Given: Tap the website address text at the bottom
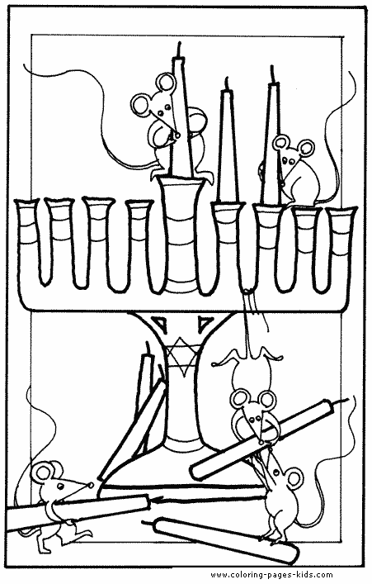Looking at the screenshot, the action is [271, 574].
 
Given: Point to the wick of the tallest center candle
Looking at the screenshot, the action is [181, 50].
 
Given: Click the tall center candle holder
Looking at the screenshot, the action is [181, 235].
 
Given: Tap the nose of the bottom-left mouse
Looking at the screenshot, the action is [91, 486].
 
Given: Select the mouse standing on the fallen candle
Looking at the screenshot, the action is [278, 496].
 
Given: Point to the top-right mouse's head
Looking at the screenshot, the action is [293, 153].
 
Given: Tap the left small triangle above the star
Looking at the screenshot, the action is [162, 322].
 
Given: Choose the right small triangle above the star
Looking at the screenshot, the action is [205, 322].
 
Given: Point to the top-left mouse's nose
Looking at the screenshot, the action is [177, 135].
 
